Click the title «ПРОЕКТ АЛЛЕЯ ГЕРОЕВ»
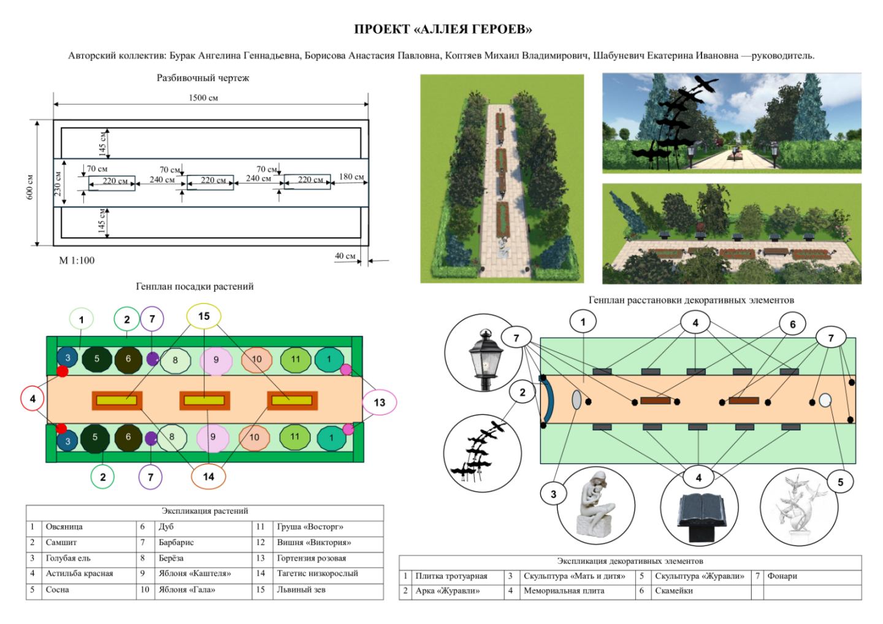click(x=443, y=29)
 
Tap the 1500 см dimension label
click(x=203, y=97)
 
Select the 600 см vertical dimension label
click(x=30, y=187)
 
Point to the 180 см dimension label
click(x=351, y=177)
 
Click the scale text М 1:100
click(x=77, y=261)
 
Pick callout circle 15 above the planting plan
click(x=204, y=316)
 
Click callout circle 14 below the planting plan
click(x=208, y=477)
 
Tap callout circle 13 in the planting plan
click(x=379, y=402)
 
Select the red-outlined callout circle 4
click(x=32, y=398)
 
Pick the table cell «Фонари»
click(x=782, y=576)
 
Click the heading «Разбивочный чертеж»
click(x=202, y=78)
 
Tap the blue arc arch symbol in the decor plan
click(x=548, y=401)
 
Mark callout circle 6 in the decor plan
click(x=792, y=324)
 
